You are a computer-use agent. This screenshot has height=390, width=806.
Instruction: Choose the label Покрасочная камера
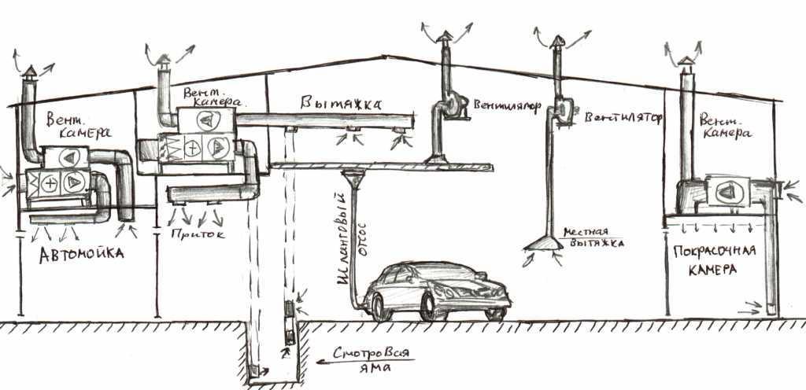715,260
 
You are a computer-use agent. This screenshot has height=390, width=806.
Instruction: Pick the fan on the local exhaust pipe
560,111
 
